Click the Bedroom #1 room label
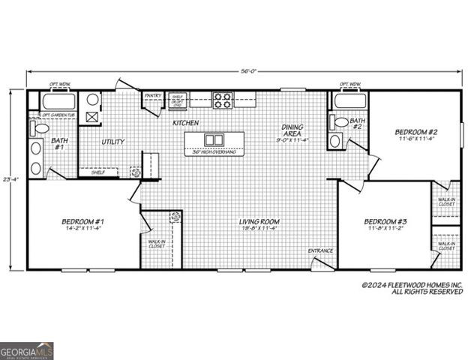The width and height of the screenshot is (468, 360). click(82, 222)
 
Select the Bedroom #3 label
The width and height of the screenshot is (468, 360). click(385, 221)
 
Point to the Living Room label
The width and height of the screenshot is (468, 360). click(259, 222)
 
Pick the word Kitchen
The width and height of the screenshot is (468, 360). click(185, 122)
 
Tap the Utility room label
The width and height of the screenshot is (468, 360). click(112, 142)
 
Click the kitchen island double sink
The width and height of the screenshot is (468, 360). click(214, 139)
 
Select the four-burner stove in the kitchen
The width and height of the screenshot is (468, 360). click(222, 100)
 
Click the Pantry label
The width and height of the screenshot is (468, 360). click(153, 96)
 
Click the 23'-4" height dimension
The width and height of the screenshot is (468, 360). click(8, 180)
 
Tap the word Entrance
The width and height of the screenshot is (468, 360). click(320, 250)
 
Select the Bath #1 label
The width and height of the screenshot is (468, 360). click(58, 144)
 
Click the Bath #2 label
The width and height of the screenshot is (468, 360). click(358, 123)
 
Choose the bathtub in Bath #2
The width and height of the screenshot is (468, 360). click(349, 101)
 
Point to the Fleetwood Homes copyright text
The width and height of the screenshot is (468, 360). click(412, 288)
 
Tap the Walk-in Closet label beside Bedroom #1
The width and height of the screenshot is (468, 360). click(157, 244)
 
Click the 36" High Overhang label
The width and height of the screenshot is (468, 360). click(214, 152)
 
